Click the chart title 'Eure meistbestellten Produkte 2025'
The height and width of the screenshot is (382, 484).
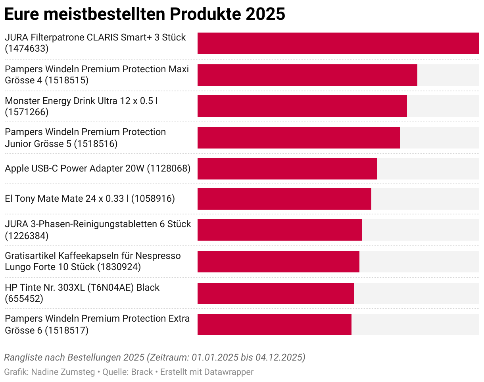(144, 14)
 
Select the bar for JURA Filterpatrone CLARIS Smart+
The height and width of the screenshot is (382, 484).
(338, 43)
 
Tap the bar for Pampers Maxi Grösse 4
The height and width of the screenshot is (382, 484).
(307, 75)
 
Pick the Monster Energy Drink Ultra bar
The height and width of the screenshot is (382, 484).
(302, 106)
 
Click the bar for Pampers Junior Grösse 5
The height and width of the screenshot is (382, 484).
(298, 137)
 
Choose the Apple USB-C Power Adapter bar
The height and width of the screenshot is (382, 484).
(287, 168)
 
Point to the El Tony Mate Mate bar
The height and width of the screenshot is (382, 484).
(284, 199)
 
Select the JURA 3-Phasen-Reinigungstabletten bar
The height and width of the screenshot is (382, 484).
(279, 230)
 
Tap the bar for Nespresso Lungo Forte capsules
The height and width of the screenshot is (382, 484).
(278, 262)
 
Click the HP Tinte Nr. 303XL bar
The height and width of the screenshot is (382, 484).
(275, 293)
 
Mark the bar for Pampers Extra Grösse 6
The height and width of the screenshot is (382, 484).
(274, 324)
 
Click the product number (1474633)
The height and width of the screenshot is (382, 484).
(27, 49)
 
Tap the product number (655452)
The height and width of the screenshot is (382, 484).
(24, 299)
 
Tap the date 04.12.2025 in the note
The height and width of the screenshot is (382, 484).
(280, 357)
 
